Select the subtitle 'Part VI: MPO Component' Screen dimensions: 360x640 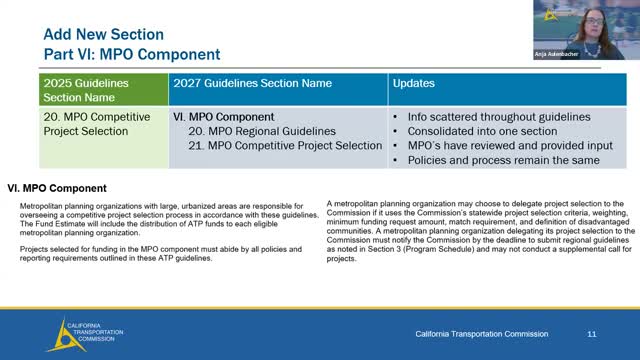[x=131, y=53]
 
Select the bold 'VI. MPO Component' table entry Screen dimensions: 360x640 [x=226, y=117]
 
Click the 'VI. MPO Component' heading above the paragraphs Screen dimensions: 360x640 [x=57, y=187]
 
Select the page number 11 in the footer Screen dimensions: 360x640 [x=592, y=332]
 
